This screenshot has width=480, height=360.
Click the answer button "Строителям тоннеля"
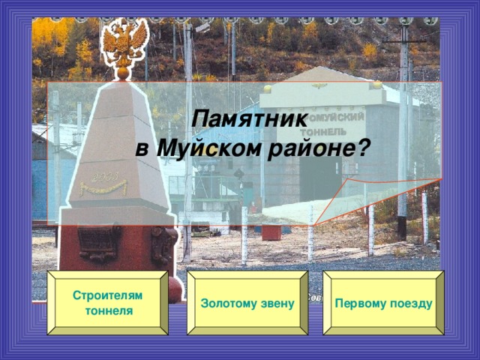pyautogui.click(x=107, y=301)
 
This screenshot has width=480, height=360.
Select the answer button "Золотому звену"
pyautogui.click(x=247, y=301)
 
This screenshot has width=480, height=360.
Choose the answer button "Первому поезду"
pyautogui.click(x=384, y=301)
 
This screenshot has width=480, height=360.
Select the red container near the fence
pyautogui.click(x=271, y=232)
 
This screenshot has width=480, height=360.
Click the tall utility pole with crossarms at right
pyautogui.click(x=403, y=112)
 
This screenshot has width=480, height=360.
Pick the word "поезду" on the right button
pyautogui.click(x=409, y=301)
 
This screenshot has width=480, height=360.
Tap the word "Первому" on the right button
pyautogui.click(x=358, y=301)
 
